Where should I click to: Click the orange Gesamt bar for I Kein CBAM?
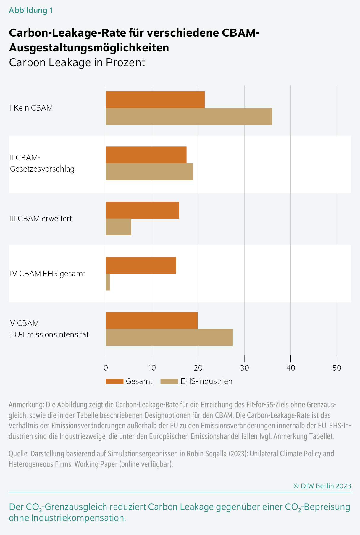(x=155, y=100)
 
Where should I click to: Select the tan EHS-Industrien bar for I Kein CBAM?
(x=189, y=117)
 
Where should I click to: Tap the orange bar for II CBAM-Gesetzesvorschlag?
(x=146, y=155)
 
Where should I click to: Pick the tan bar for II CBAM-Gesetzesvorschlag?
(x=149, y=172)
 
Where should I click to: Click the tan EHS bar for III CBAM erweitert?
(x=118, y=227)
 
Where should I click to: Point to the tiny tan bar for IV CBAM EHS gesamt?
(x=108, y=282)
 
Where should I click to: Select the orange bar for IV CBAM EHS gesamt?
(x=141, y=265)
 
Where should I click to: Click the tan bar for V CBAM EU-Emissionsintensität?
(x=169, y=337)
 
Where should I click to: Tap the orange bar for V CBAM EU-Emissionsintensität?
(x=151, y=320)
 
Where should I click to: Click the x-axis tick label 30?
(x=244, y=368)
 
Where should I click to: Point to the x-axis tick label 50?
(x=337, y=368)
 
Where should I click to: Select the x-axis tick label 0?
(x=106, y=368)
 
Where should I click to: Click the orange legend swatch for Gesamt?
(x=114, y=382)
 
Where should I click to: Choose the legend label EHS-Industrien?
(x=206, y=382)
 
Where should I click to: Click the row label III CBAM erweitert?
(x=41, y=219)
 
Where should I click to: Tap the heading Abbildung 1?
(x=31, y=10)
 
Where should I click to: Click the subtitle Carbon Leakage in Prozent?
(x=77, y=63)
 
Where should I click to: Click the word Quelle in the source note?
(x=18, y=454)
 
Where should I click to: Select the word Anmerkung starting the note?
(x=26, y=405)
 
